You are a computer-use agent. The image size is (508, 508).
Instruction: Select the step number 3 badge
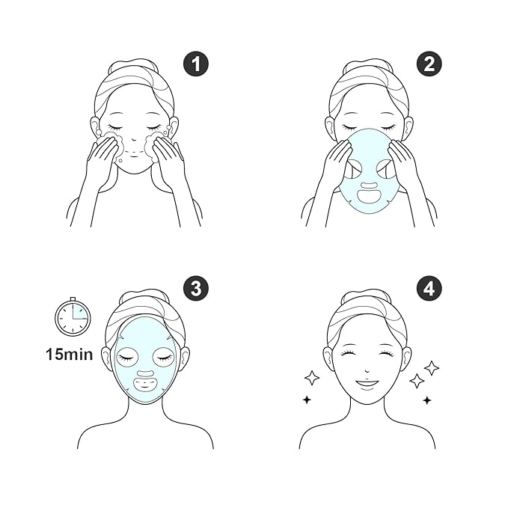coord(196,288)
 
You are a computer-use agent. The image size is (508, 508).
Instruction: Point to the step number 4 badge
coord(429,288)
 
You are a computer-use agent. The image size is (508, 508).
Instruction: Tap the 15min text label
coord(69,354)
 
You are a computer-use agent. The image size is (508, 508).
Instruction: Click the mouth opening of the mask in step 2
coord(369,196)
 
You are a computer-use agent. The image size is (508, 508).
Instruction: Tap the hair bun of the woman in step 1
coord(134,68)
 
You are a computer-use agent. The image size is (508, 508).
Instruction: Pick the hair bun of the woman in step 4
coord(366,297)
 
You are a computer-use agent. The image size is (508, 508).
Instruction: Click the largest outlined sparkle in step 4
coord(431,367)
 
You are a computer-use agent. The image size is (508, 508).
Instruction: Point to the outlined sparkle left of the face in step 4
coord(312,378)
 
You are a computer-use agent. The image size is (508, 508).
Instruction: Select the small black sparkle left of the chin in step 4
coord(307,400)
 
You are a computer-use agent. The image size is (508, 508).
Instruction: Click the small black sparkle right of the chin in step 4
coord(426,400)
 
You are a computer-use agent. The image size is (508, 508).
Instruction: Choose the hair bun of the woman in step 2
coord(368,68)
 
